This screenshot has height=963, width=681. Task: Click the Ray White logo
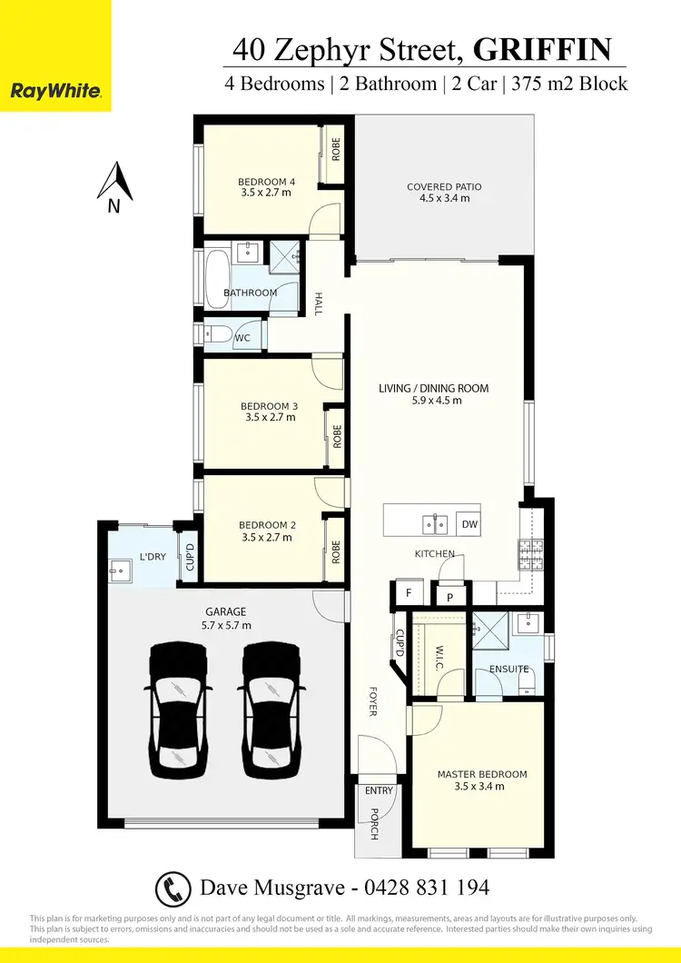55,91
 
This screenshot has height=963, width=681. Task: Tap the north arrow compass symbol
115,184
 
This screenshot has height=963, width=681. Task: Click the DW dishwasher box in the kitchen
469,524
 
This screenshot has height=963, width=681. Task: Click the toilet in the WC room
218,337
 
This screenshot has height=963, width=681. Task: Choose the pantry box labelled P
449,597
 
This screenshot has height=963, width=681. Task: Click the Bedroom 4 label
267,183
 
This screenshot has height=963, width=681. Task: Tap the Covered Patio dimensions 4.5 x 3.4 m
444,198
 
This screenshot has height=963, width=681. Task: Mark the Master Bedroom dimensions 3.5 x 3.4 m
481,786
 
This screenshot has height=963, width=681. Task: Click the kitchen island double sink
434,523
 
